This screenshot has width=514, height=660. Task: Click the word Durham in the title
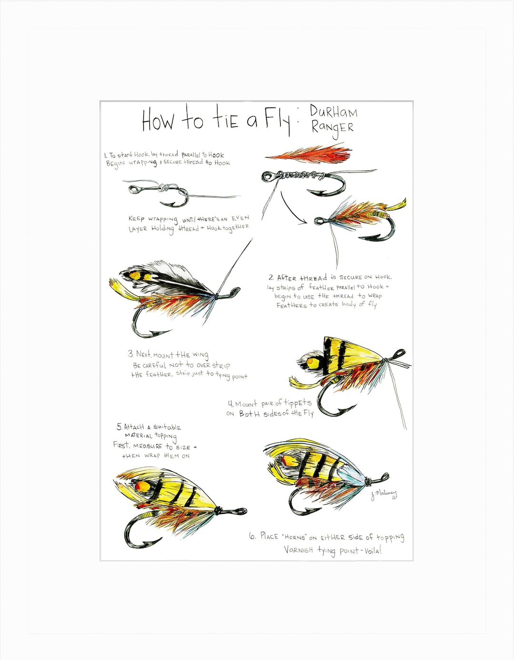333,112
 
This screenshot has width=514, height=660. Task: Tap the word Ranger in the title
332,128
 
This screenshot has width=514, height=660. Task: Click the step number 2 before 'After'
271,277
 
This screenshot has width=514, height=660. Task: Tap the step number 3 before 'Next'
130,353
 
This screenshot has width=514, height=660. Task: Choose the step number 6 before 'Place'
252,536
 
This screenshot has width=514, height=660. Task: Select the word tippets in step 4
297,403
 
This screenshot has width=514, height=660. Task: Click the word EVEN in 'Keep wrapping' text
240,218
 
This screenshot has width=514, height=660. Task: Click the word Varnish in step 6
298,550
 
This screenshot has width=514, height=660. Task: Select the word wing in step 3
200,355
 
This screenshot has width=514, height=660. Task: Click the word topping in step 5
166,436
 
